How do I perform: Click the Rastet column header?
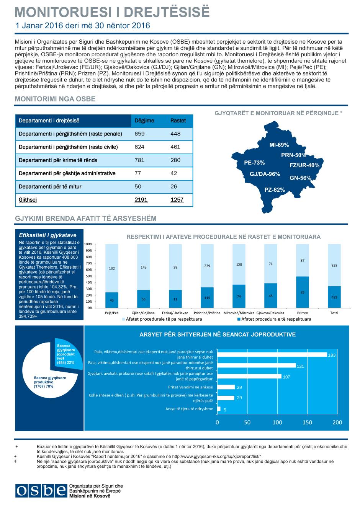[178, 121]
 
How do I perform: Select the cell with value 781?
[139, 160]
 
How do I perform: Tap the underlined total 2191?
[141, 200]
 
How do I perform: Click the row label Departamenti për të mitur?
[50, 186]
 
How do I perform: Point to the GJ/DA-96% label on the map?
[265, 174]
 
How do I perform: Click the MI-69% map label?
[279, 145]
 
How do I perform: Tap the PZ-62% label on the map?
[275, 190]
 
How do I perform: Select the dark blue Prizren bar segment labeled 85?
[303, 292]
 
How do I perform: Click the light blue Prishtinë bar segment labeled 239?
[207, 266]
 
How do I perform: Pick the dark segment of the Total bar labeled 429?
[334, 297]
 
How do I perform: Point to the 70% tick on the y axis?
[89, 263]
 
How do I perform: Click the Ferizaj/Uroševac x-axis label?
[175, 313]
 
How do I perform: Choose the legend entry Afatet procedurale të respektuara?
[274, 319]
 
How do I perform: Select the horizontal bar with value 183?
[272, 354]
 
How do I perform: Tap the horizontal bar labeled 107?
[249, 377]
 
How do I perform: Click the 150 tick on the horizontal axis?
[307, 422]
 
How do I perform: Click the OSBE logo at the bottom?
[41, 491]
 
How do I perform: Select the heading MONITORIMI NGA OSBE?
[55, 99]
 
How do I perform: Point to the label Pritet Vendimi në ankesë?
[191, 387]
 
